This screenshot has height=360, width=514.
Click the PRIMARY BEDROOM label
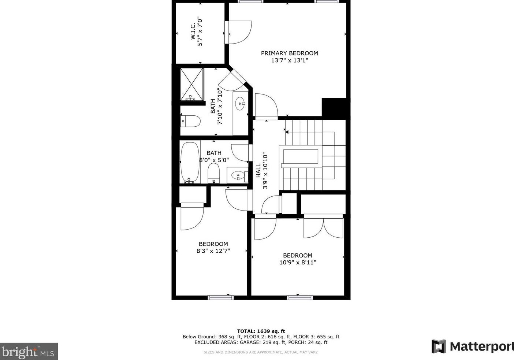click(x=289, y=53)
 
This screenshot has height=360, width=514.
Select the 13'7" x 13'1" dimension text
click(x=289, y=60)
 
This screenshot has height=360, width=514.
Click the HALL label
click(x=258, y=171)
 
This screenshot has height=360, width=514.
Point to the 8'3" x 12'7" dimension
click(x=213, y=251)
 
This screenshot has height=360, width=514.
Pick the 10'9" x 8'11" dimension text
click(x=297, y=262)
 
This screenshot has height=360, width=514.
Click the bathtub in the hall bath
click(x=190, y=162)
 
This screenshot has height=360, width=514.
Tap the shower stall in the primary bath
click(x=192, y=84)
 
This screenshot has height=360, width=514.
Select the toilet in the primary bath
click(x=191, y=121)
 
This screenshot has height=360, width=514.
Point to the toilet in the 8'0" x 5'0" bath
click(x=213, y=173)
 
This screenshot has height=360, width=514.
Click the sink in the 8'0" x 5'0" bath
click(x=238, y=176)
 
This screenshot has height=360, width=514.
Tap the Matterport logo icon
click(x=439, y=346)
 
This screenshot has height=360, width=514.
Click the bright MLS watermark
click(x=29, y=352)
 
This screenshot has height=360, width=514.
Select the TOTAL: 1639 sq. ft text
click(x=261, y=331)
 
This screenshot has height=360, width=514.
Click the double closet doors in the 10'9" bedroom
click(x=323, y=228)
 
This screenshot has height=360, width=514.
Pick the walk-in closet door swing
click(x=239, y=32)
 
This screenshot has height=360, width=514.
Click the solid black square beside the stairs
click(x=334, y=107)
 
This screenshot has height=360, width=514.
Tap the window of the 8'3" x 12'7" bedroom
click(x=220, y=297)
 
